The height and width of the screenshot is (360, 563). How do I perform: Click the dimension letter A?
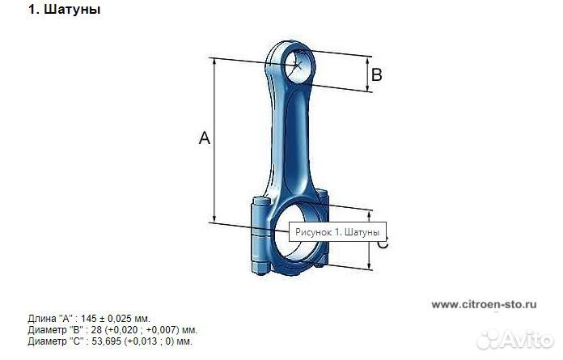pyautogui.click(x=205, y=139)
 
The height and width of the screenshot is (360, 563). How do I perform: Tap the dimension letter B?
pyautogui.click(x=376, y=75)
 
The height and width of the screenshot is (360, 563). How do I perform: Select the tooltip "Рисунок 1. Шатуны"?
pyautogui.click(x=336, y=232)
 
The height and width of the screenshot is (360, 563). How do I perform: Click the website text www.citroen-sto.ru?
pyautogui.click(x=484, y=305)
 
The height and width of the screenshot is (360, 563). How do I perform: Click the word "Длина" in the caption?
pyautogui.click(x=42, y=319)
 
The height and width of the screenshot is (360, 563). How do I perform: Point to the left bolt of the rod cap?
pyautogui.click(x=260, y=235)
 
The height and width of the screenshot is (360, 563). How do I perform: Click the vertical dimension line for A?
pyautogui.click(x=215, y=139)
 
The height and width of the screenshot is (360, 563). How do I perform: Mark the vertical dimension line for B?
pyautogui.click(x=370, y=74)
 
